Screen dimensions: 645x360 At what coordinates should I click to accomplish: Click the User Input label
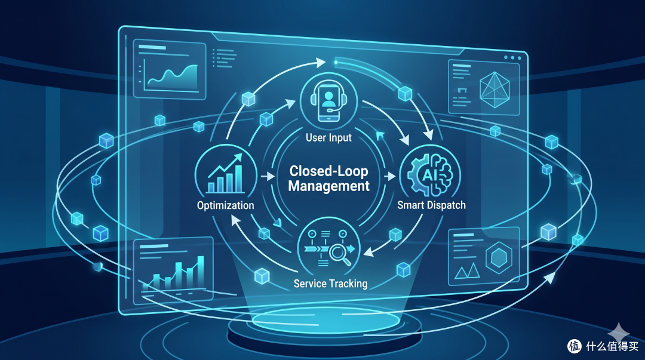328,137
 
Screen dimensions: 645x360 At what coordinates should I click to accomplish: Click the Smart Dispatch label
432,205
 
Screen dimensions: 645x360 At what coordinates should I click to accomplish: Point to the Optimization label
225,205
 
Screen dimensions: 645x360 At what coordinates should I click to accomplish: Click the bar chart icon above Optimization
225,174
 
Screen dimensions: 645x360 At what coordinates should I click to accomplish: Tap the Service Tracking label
330,284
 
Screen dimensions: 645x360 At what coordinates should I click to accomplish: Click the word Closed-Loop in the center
328,171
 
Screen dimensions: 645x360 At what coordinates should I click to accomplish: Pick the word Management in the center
328,186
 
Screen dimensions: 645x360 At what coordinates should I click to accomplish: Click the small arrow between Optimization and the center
268,176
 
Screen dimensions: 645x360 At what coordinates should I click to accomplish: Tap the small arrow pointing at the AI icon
389,176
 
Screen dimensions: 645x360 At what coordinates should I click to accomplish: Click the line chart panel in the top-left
170,69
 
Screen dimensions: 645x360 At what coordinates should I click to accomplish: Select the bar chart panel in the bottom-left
174,270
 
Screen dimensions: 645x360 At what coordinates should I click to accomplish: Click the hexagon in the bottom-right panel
499,258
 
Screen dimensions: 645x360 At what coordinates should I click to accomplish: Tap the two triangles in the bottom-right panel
467,270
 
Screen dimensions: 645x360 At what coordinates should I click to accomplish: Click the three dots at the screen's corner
513,57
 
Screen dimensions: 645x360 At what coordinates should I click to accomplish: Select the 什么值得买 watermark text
612,346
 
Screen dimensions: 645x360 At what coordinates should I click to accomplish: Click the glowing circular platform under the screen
325,325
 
